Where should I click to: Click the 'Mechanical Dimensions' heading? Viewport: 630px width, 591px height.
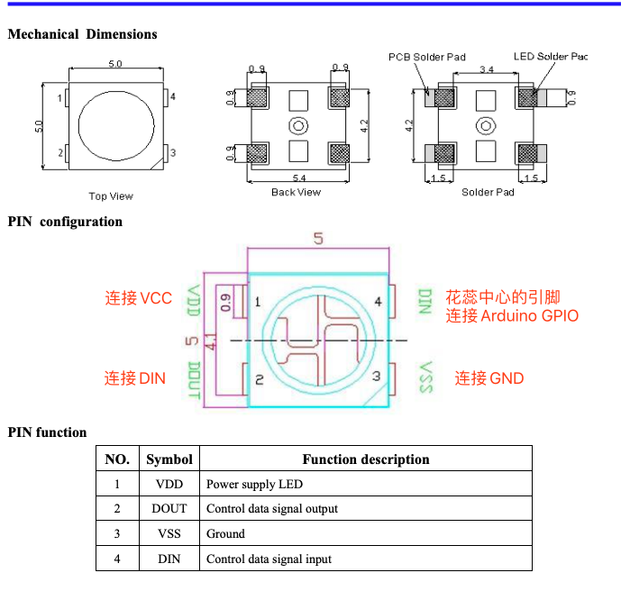pyautogui.click(x=82, y=34)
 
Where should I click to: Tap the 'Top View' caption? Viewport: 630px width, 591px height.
pyautogui.click(x=111, y=196)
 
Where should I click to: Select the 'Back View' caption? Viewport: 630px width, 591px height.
pyautogui.click(x=296, y=192)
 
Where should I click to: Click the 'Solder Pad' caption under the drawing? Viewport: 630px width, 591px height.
pyautogui.click(x=488, y=192)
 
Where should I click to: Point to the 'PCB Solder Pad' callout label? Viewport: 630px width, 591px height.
pyautogui.click(x=427, y=57)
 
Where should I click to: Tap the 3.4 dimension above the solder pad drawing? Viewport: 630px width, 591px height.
pyautogui.click(x=487, y=69)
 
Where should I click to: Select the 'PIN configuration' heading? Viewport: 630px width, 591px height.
pyautogui.click(x=65, y=222)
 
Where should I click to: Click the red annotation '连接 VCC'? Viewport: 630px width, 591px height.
pyautogui.click(x=138, y=298)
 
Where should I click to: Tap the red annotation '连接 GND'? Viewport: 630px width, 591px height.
pyautogui.click(x=489, y=378)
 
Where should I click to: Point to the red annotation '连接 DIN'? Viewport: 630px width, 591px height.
pyautogui.click(x=135, y=378)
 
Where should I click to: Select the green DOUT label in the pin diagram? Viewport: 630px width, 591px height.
pyautogui.click(x=194, y=380)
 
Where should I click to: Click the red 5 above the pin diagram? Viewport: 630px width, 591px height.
pyautogui.click(x=318, y=239)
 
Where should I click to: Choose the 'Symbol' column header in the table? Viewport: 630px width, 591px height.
pyautogui.click(x=169, y=459)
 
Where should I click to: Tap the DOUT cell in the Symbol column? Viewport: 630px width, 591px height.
pyautogui.click(x=169, y=509)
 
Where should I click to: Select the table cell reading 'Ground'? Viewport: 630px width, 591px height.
pyautogui.click(x=225, y=533)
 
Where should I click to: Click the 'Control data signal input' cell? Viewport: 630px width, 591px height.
pyautogui.click(x=269, y=559)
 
